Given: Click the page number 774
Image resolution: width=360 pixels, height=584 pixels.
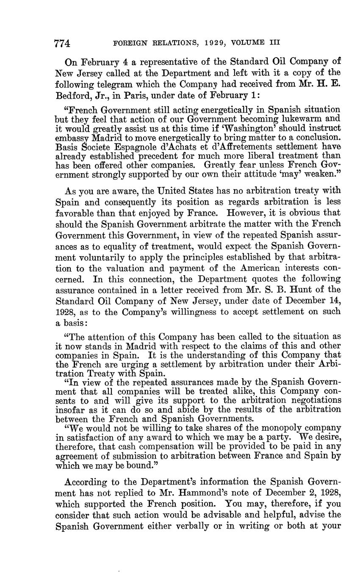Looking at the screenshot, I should click(x=62, y=43).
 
